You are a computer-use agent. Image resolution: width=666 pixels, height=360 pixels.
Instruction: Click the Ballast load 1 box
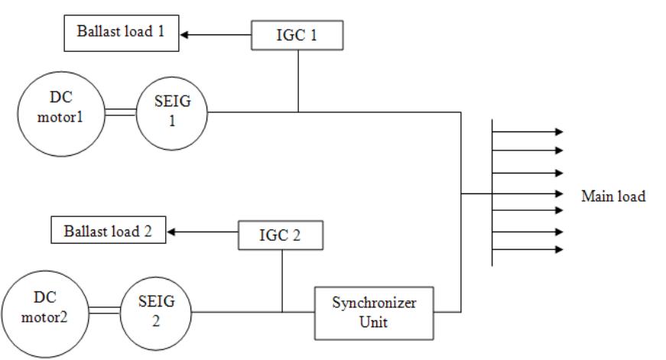122,34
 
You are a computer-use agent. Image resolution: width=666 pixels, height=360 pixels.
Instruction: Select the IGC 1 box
298,34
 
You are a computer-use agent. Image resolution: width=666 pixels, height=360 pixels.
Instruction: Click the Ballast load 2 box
108,231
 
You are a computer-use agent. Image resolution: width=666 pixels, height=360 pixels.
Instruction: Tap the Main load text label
613,196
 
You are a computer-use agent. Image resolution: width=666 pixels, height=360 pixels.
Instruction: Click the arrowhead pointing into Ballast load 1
184,34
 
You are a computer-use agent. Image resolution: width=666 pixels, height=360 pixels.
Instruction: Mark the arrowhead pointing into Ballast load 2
171,231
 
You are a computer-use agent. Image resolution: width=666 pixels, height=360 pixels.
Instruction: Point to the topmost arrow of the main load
528,131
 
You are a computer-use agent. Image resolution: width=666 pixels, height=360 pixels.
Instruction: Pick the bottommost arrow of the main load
528,249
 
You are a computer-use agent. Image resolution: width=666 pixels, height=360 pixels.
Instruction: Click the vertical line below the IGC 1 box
298,80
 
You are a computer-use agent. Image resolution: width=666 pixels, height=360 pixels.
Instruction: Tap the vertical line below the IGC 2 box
282,280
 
